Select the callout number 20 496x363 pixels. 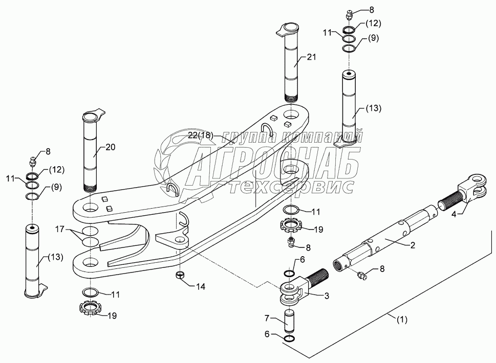click(x=111, y=147)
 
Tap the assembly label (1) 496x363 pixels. click(x=403, y=321)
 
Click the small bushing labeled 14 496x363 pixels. click(x=179, y=276)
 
